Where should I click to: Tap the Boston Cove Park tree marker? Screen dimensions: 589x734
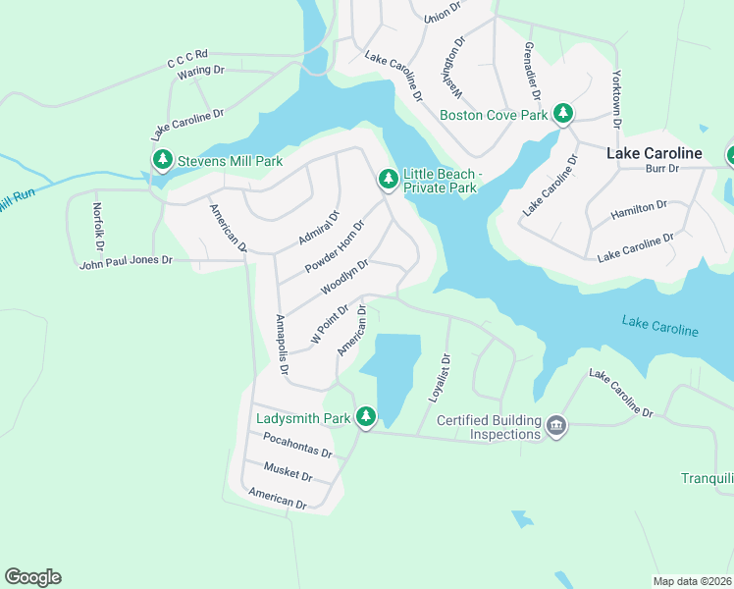[x=563, y=114]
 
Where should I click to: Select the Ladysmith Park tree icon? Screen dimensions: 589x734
[x=366, y=418]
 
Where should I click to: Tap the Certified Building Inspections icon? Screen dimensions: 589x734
[x=556, y=426]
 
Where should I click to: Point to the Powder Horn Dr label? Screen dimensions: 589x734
[x=335, y=247]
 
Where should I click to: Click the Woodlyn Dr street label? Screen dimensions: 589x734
[x=344, y=278]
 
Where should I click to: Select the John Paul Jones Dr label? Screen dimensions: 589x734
[x=126, y=261]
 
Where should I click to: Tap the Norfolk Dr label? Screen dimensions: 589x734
[x=97, y=225]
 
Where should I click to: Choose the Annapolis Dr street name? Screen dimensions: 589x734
[x=282, y=345]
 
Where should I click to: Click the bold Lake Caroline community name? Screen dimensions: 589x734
[x=654, y=153]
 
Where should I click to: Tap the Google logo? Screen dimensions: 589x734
[x=33, y=577]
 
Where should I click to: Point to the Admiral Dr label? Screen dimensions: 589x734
[x=319, y=228]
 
